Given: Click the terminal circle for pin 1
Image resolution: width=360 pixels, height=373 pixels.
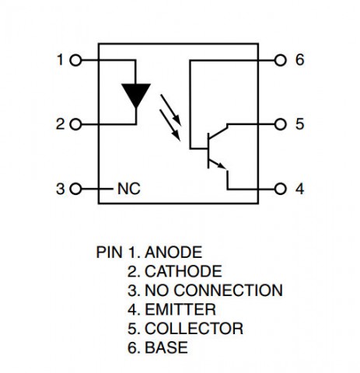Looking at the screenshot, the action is point(76,61).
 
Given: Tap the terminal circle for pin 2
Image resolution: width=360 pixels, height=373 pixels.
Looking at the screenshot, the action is point(76,124).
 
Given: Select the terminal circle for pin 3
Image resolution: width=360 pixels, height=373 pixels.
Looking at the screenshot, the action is point(76,189).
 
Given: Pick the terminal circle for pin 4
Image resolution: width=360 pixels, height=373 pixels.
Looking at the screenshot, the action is point(280,189).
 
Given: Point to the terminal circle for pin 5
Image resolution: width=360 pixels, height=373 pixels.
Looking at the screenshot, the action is point(280,124).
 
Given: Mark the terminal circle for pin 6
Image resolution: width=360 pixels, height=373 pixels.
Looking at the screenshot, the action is point(280,61).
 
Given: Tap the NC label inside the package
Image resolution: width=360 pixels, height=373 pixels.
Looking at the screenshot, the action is point(129,189).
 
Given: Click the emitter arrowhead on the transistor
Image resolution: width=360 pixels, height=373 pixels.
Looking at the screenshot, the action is point(222,166).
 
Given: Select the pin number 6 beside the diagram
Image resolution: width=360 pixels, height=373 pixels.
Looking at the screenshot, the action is point(299,60).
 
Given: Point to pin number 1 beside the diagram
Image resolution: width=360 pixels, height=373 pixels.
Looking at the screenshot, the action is point(61,60).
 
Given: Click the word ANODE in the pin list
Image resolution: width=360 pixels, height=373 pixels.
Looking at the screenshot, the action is point(173,253).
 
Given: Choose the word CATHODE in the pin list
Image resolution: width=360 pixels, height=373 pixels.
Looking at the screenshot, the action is point(183,271).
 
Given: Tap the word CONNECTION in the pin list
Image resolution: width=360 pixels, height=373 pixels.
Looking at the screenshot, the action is point(228,291).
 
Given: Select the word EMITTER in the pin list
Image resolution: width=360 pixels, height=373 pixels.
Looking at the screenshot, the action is point(180,309).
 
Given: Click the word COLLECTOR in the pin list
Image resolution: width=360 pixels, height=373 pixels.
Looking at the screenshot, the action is point(194,329).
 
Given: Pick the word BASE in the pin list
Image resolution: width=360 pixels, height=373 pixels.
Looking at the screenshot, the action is point(166,347).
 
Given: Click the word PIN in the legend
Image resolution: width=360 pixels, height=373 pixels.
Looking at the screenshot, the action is point(109,253).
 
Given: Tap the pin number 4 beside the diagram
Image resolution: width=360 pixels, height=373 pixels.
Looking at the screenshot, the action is point(300,189).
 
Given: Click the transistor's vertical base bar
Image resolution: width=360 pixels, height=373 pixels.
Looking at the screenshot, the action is point(208,151).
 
